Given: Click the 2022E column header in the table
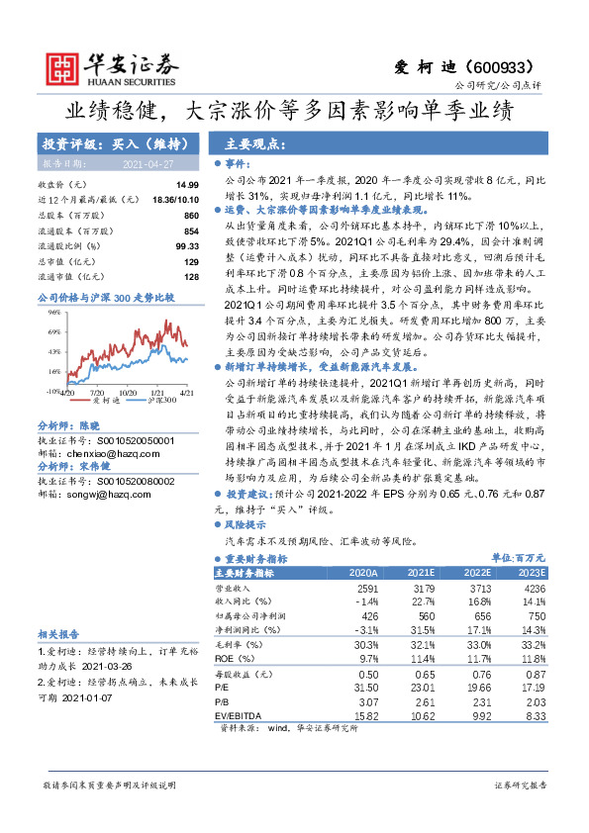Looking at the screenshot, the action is click(x=477, y=573).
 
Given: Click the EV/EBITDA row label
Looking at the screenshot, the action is click(x=235, y=714).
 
